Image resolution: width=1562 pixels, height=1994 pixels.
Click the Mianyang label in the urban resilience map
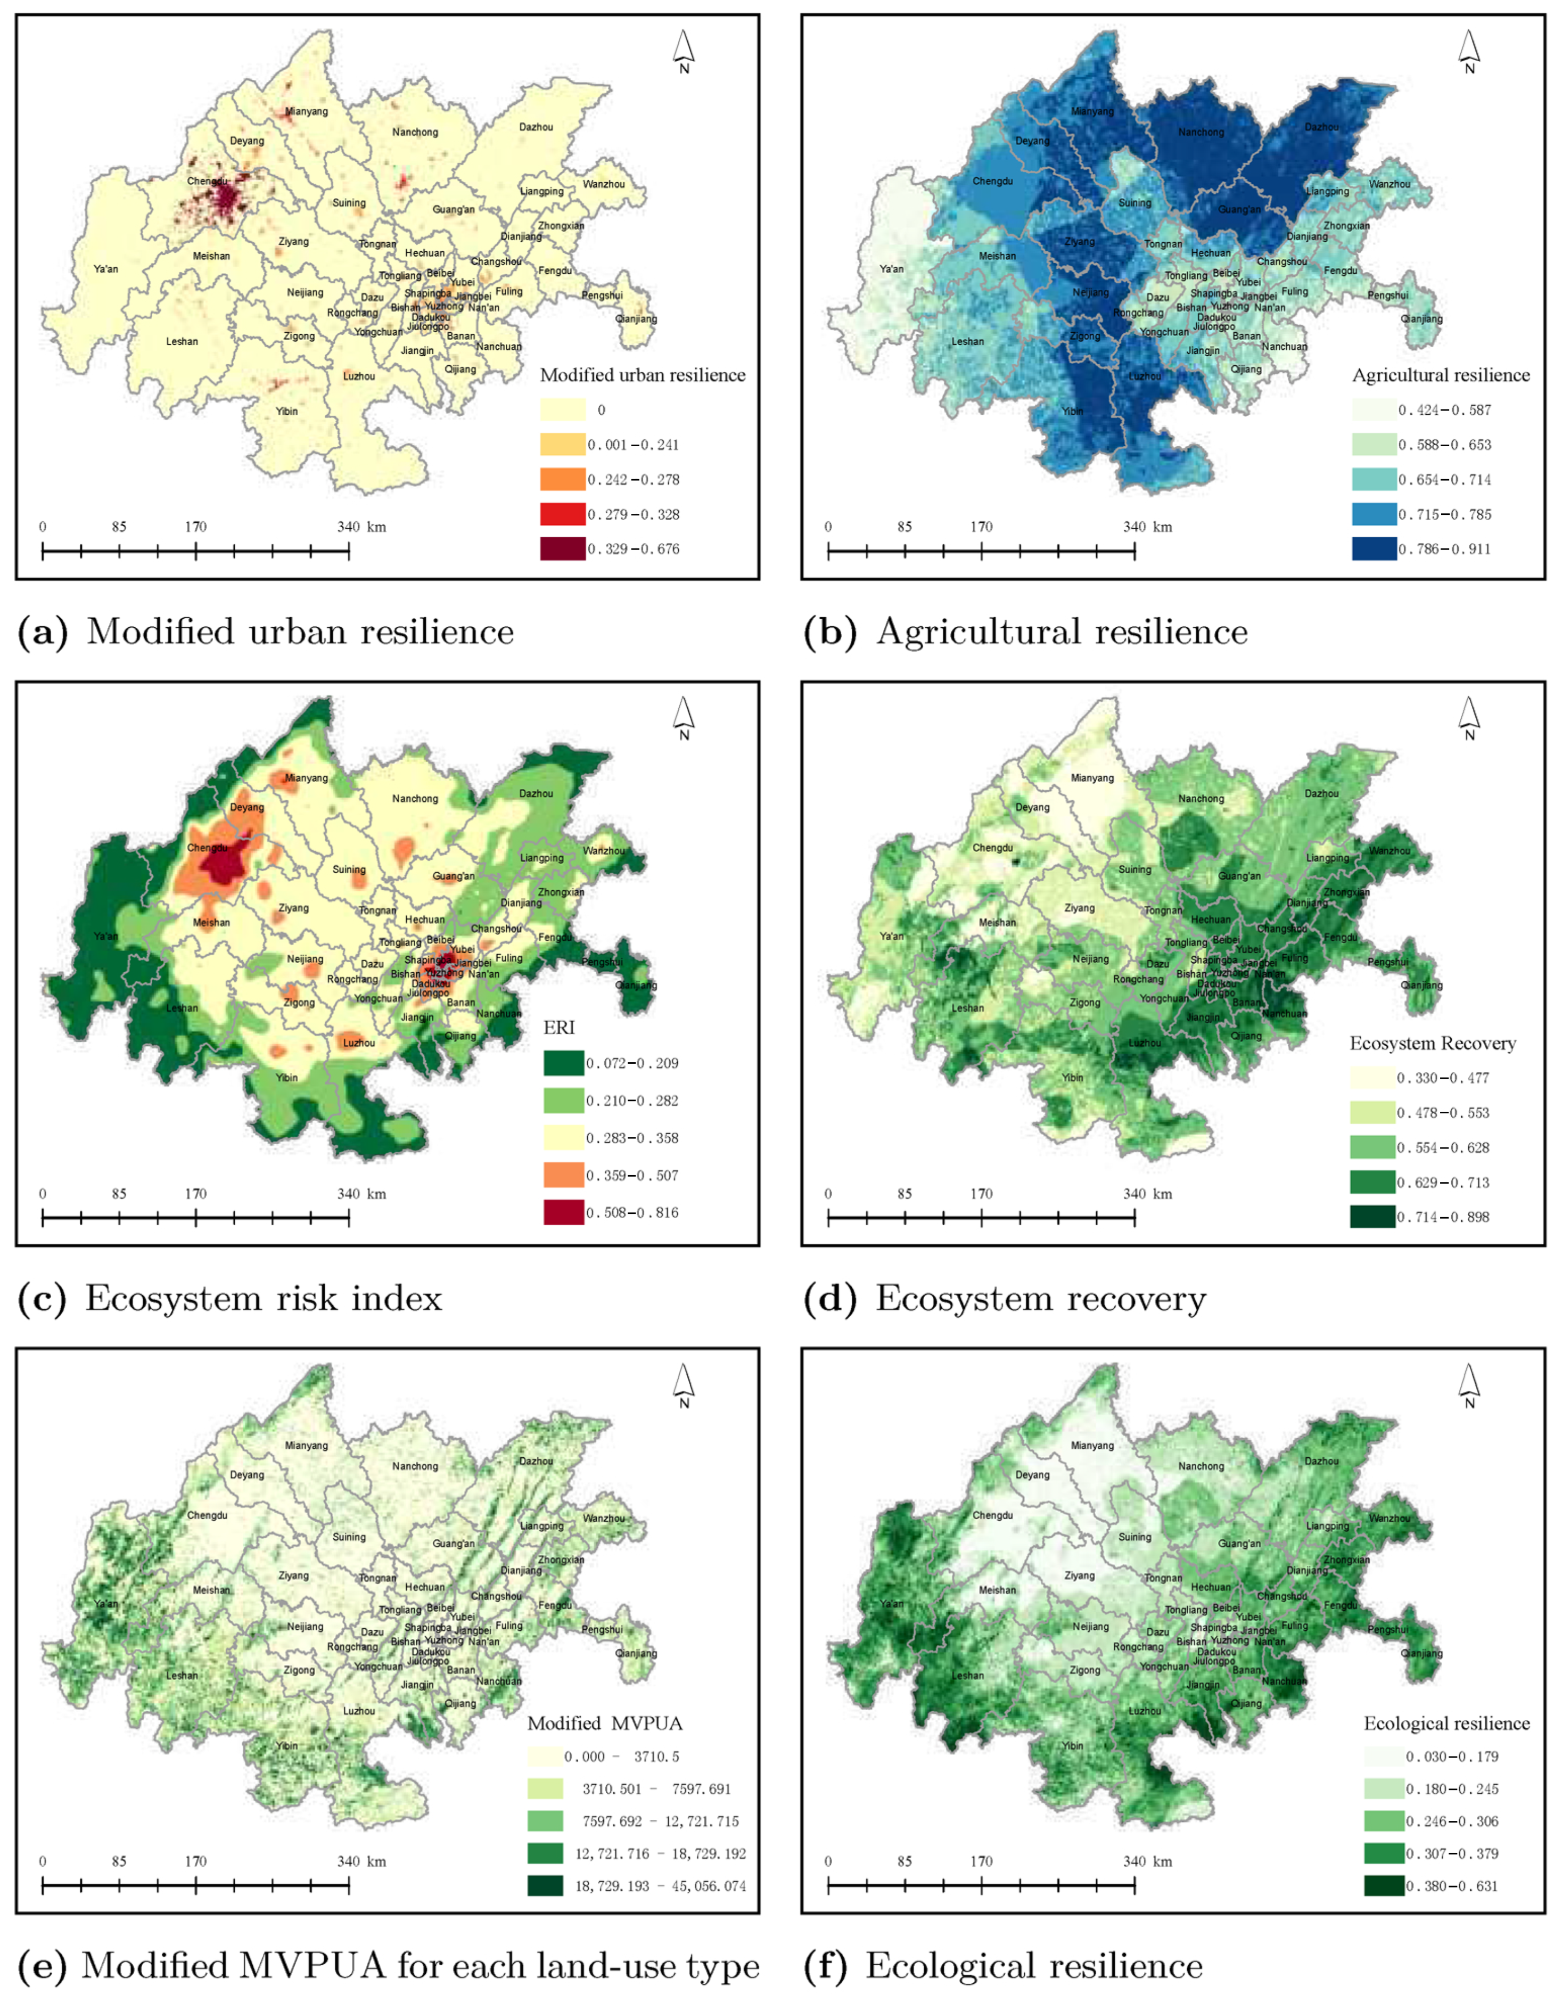click(306, 112)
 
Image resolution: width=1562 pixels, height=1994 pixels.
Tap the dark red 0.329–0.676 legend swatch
click(562, 549)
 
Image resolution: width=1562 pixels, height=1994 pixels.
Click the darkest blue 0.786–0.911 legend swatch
click(1374, 549)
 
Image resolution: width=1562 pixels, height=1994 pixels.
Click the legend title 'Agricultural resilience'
click(1441, 375)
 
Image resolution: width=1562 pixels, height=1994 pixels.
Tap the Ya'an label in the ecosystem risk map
click(106, 936)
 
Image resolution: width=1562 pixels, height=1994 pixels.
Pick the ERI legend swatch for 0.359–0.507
click(563, 1175)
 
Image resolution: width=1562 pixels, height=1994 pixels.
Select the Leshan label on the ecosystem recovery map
click(967, 1008)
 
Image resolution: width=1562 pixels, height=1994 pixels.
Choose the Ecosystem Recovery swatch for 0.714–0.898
click(1372, 1217)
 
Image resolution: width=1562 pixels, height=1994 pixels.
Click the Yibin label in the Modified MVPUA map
click(287, 1745)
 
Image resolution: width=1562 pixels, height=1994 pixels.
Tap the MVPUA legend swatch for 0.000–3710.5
click(545, 1756)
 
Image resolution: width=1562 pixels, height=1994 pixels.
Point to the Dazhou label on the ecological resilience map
click(1321, 1460)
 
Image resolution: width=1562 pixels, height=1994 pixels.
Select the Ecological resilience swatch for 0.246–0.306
click(1384, 1821)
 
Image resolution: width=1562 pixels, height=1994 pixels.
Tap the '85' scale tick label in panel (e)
click(119, 1861)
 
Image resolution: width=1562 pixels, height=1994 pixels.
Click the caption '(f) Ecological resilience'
click(1002, 1966)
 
